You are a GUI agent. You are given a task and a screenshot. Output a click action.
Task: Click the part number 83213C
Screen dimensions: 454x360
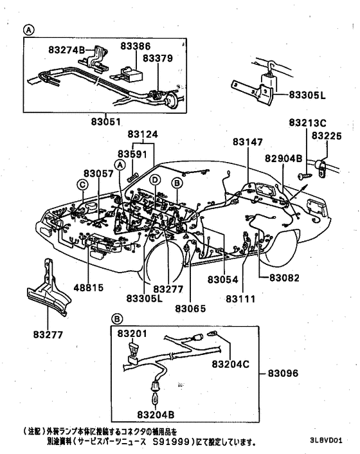click(x=307, y=122)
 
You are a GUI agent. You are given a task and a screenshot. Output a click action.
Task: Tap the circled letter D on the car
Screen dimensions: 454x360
click(x=155, y=180)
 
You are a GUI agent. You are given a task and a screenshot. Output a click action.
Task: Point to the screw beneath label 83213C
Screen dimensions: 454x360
click(x=303, y=174)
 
